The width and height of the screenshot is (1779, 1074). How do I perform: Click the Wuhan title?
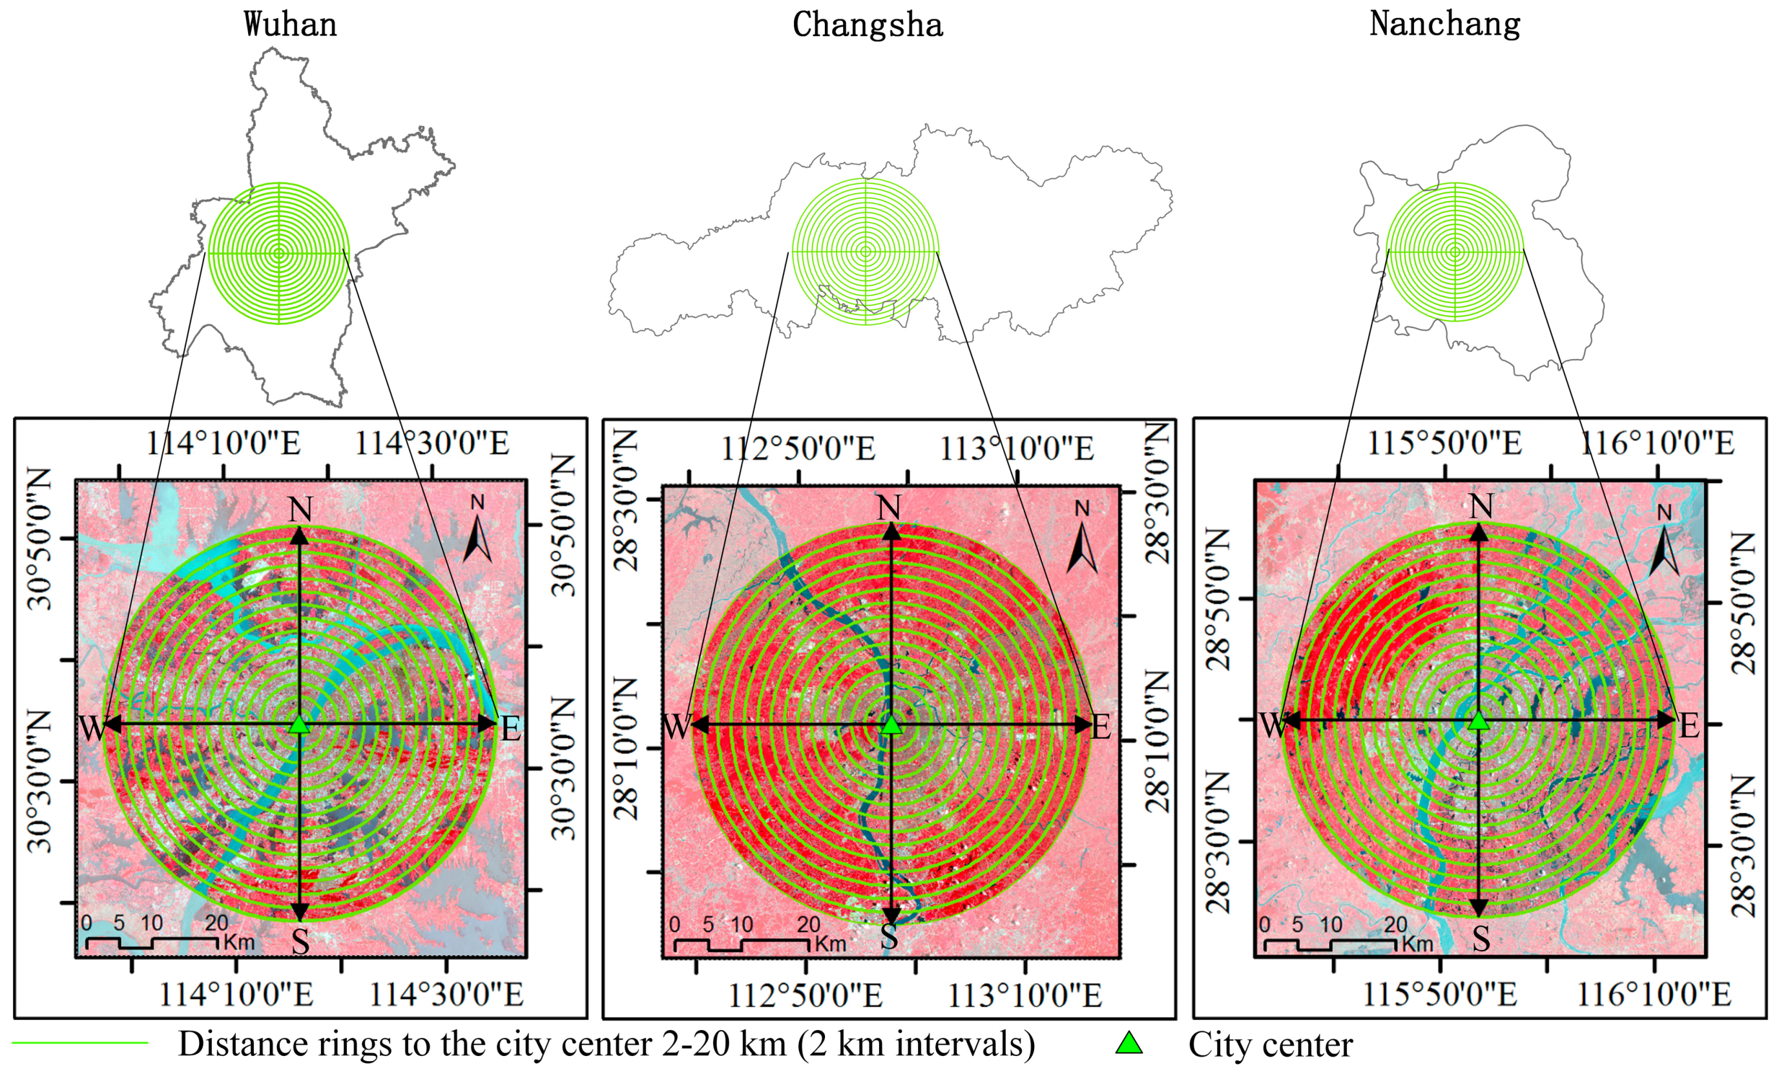[290, 25]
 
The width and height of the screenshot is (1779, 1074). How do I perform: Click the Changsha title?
[867, 25]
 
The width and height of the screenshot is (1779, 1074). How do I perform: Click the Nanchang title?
[1445, 24]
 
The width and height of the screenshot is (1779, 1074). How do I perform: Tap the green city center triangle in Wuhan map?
[299, 725]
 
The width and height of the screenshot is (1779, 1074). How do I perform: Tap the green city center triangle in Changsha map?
[891, 725]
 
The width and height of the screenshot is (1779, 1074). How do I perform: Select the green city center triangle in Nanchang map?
[1479, 720]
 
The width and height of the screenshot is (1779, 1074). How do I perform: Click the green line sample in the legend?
[79, 1043]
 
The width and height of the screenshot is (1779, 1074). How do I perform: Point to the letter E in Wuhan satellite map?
[510, 730]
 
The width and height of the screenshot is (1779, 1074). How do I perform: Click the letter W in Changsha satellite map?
[677, 727]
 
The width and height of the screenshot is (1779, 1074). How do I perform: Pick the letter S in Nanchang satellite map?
[1481, 939]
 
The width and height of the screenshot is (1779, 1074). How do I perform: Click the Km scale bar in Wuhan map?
[152, 941]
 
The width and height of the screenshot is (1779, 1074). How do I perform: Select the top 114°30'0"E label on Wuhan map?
[432, 443]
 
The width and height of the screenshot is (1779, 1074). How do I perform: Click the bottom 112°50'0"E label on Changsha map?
[804, 996]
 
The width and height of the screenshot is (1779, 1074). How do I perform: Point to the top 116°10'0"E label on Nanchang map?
[1658, 443]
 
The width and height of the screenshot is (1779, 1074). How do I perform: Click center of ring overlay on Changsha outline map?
[866, 252]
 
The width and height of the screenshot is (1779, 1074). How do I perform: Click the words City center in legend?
[1271, 1044]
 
